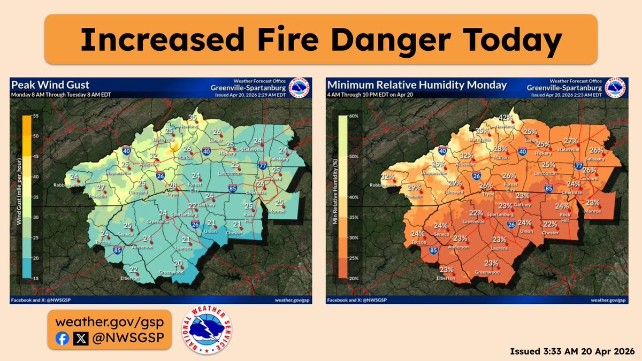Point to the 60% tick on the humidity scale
[353, 116]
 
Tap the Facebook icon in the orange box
[62, 338]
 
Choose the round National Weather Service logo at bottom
[210, 330]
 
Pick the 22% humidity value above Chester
[550, 224]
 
